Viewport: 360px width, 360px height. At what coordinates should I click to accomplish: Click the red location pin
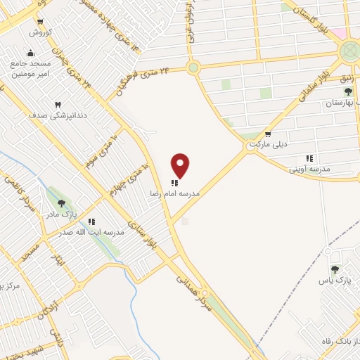tap(181, 165)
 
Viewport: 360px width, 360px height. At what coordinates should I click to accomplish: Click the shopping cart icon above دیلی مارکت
tap(267, 134)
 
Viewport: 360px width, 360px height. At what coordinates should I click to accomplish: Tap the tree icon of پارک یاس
tap(335, 269)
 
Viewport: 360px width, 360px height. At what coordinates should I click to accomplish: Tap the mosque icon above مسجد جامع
tap(30, 53)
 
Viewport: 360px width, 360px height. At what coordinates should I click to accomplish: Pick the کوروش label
tap(37, 32)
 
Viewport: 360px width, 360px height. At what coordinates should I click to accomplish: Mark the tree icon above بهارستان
tap(347, 91)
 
